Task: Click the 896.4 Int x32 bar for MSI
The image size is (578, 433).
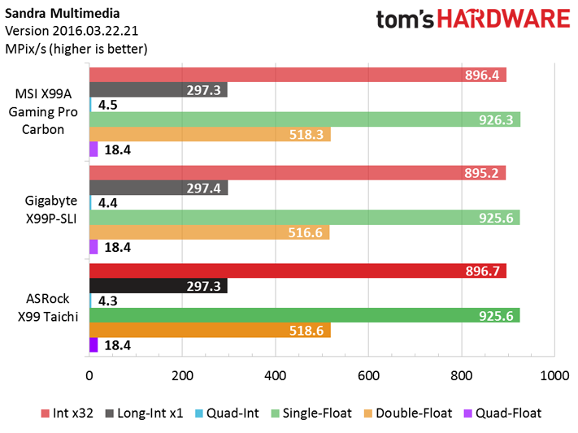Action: point(298,75)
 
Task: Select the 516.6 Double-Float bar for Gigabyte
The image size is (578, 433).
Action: point(210,232)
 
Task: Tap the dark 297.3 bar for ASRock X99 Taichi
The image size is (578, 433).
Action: point(159,286)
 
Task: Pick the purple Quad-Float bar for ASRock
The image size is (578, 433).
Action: point(93,345)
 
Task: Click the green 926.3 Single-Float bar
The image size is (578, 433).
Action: point(305,119)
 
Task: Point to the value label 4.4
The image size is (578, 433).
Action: point(107,202)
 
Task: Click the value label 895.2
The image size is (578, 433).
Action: point(481,173)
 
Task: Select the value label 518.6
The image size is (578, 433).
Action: point(306,331)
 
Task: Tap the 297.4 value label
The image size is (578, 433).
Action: point(203,188)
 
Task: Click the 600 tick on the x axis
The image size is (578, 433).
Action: point(368,375)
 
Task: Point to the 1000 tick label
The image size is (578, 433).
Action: point(554,375)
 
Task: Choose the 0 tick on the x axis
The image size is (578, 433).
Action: point(89,375)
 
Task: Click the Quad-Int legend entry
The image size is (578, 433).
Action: point(227,414)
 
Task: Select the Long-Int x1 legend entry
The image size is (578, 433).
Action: point(144,414)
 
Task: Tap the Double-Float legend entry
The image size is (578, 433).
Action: point(408,414)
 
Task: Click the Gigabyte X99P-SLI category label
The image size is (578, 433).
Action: point(51,210)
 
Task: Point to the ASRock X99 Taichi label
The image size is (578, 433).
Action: point(48,307)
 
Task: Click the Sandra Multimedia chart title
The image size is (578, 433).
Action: point(63,14)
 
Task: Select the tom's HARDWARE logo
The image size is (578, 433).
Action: point(473,19)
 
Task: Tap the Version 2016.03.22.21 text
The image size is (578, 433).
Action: point(72,31)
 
